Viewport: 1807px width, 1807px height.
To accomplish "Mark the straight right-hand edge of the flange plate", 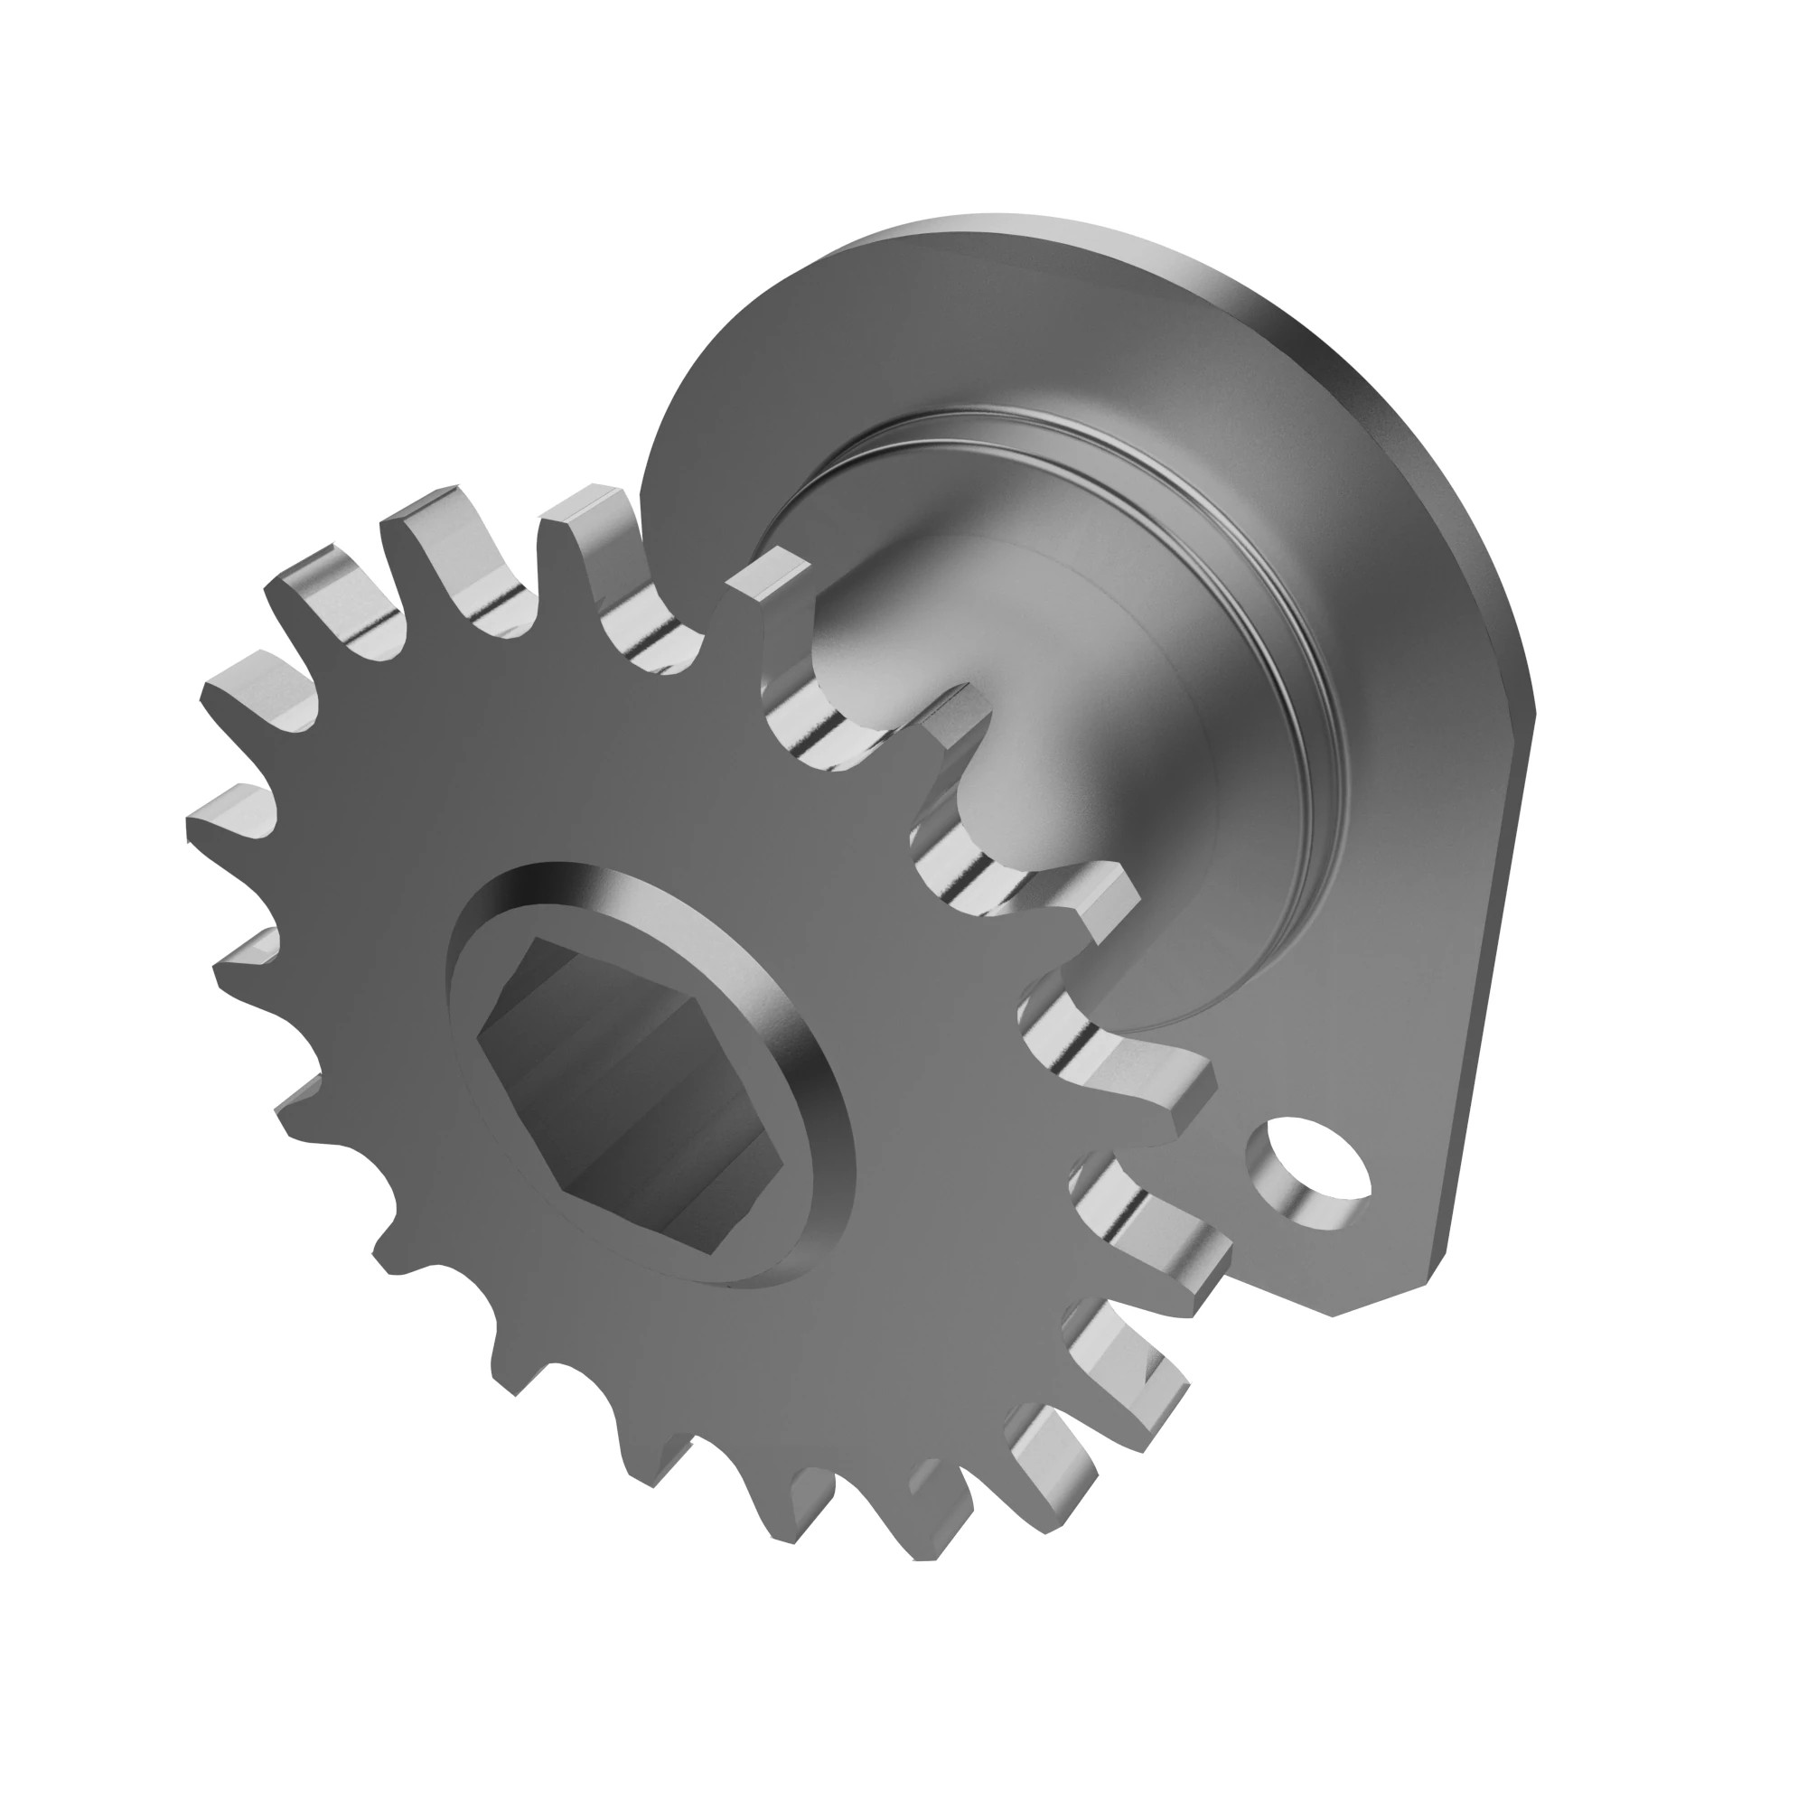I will click(x=1487, y=982).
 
